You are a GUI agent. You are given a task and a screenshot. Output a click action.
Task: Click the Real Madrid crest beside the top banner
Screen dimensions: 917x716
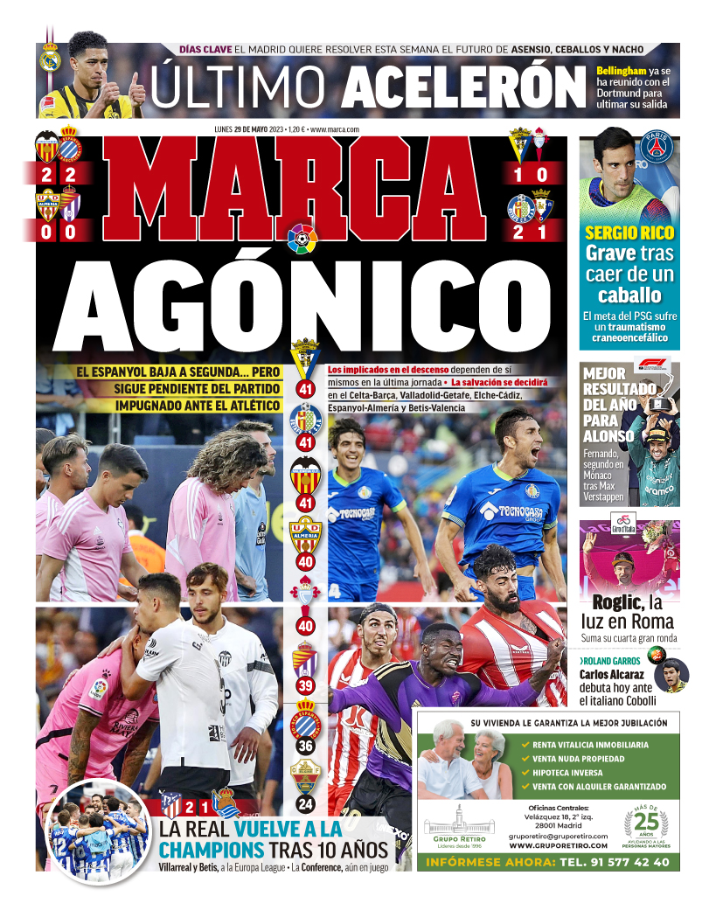click(x=50, y=59)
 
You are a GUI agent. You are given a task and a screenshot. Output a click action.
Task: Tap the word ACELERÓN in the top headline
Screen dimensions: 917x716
click(x=462, y=87)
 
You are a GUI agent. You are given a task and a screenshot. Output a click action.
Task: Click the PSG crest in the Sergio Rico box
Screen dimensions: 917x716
click(x=656, y=147)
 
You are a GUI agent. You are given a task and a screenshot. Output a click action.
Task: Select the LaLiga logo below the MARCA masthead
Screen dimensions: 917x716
click(x=302, y=238)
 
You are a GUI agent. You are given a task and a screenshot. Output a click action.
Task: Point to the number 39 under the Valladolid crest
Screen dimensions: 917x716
click(x=305, y=686)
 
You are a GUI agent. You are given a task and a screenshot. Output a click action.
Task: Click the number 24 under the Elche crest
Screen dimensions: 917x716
click(x=305, y=803)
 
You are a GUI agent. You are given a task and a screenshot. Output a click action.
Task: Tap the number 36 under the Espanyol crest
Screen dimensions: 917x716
click(x=305, y=746)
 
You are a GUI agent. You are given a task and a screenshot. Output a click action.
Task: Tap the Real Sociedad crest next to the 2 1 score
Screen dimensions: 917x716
click(x=226, y=802)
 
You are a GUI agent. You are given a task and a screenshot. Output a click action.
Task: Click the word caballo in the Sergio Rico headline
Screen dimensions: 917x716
click(x=629, y=295)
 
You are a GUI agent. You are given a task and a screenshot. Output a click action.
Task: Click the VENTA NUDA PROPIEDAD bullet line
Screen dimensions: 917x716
click(x=578, y=759)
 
